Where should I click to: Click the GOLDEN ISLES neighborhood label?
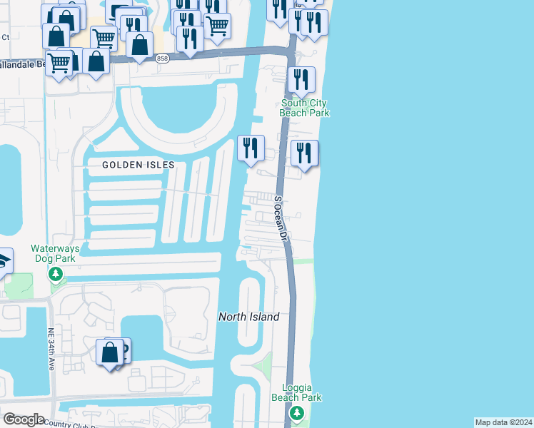138,165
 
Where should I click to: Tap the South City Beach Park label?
304,108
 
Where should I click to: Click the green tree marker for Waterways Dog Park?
55,274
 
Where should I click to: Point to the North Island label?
248,317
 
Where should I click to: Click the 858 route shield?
162,59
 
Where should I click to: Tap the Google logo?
23,419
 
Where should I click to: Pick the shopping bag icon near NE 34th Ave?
109,352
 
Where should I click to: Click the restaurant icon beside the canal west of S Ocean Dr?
250,148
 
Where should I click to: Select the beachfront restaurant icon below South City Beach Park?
305,153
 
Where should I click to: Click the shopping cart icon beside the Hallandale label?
59,62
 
